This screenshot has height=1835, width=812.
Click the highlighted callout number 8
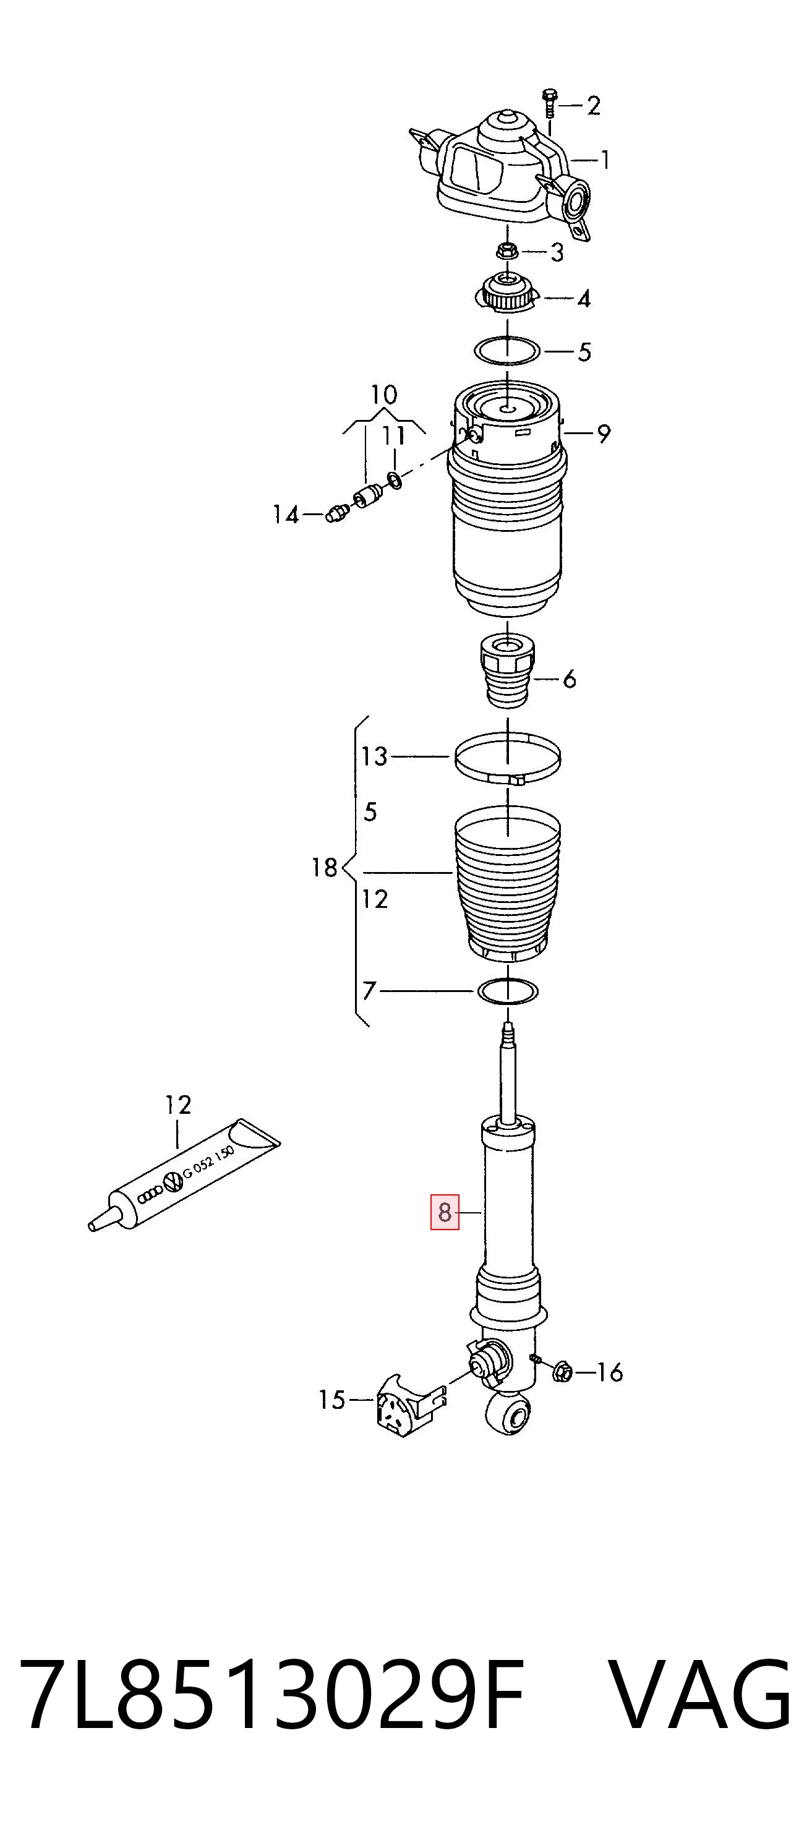[444, 1212]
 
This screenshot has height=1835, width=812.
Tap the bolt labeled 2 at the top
[549, 103]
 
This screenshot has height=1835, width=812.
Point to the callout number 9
[604, 433]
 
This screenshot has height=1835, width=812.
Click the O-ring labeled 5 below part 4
[507, 351]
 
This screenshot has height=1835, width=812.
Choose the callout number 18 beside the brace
[324, 868]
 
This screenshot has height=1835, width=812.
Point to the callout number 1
[605, 160]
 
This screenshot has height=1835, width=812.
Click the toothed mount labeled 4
[506, 293]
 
